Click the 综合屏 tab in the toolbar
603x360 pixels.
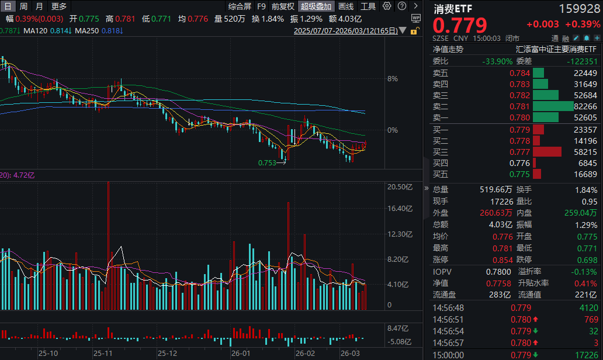240,6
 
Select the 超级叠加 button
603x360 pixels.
316,6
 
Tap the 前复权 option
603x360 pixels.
283,6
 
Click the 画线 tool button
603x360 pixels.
346,6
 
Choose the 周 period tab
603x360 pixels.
24,6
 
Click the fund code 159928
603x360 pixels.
579,9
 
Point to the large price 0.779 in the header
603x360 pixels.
460,25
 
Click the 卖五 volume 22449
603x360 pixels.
585,73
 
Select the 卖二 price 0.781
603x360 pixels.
520,106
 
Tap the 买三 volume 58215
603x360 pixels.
585,152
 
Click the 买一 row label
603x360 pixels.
441,130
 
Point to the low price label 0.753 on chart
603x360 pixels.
267,163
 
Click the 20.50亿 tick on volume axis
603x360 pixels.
400,187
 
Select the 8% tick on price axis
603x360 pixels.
393,78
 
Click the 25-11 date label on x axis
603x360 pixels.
103,353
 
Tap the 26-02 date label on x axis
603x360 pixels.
305,353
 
